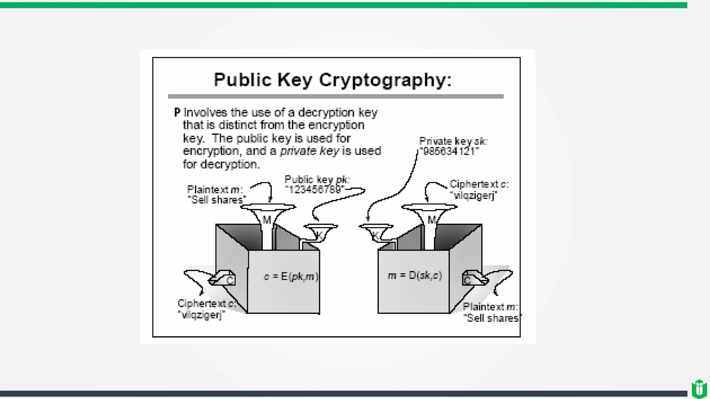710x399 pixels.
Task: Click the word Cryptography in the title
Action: pos(385,80)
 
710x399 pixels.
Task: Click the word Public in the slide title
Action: pos(242,80)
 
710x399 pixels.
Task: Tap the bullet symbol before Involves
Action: pos(177,112)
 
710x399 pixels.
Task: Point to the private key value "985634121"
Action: pos(449,151)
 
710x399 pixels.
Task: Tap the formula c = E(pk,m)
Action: pos(291,276)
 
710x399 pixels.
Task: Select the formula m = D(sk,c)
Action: pos(415,276)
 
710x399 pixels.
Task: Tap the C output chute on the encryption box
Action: pos(224,278)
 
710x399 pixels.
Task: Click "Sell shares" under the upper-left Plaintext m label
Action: pos(217,200)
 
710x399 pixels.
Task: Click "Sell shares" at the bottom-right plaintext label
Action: pos(493,318)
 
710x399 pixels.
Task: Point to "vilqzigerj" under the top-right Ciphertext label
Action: pos(474,195)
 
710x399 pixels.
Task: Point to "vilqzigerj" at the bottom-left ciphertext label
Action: pos(202,315)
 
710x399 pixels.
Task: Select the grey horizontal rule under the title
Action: pos(336,96)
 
